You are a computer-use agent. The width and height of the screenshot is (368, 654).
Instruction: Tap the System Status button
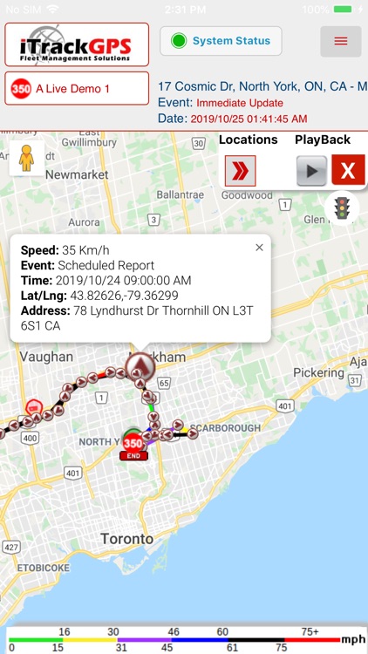221,41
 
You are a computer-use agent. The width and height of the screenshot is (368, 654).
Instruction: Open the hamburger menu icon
340,41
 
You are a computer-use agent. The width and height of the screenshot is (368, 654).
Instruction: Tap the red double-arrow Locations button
240,171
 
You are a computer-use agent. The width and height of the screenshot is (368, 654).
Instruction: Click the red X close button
348,171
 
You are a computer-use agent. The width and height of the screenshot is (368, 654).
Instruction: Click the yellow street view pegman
27,159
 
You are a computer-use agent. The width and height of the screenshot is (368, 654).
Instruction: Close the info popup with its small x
259,248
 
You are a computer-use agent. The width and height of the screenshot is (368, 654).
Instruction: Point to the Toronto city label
126,539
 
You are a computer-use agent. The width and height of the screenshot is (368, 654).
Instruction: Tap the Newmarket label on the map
77,174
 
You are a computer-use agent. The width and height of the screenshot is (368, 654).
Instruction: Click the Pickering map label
318,372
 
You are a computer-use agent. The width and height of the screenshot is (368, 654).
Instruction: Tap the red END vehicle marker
133,445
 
